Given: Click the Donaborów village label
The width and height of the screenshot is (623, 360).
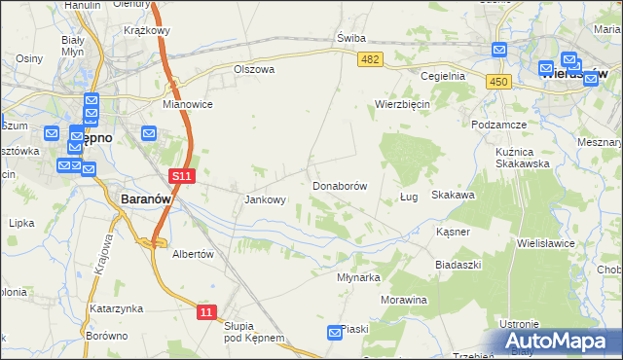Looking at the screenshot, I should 340,185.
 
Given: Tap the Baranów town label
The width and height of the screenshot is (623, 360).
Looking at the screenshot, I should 146,198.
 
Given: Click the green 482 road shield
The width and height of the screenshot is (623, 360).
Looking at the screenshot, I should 370,59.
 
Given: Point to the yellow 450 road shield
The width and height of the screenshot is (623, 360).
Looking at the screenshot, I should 500,83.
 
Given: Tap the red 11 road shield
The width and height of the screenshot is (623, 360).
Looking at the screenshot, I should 206,311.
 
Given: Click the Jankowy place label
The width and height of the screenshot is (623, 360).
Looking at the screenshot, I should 265,200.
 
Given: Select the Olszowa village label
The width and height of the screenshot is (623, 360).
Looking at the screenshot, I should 254,70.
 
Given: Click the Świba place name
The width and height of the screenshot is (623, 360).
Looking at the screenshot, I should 350,38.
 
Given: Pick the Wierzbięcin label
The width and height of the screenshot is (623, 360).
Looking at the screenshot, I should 403,104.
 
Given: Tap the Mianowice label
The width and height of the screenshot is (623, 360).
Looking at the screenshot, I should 188,104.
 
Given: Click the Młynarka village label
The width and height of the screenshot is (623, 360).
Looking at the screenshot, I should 357,276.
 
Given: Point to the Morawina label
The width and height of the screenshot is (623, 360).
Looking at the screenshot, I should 404,300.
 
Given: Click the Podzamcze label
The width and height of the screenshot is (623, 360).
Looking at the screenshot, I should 498,126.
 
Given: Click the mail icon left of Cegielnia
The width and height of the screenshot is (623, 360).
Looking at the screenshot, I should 499,51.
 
